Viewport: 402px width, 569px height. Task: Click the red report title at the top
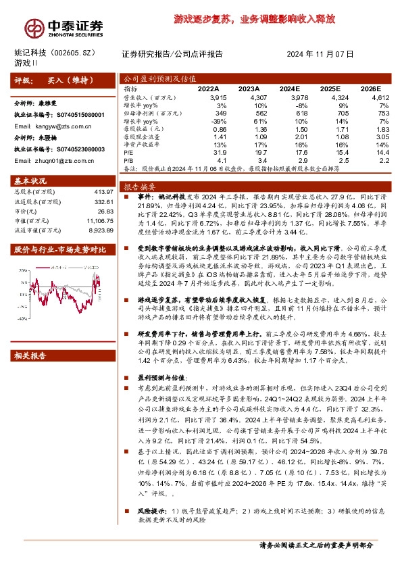(x=253, y=20)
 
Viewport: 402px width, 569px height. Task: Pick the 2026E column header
(x=370, y=89)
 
